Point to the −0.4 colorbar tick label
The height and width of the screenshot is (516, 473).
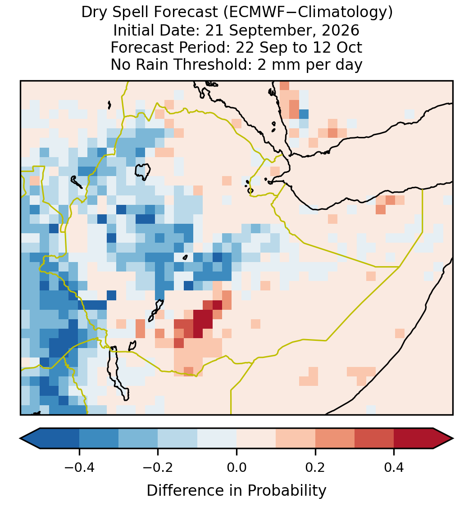(x=79, y=467)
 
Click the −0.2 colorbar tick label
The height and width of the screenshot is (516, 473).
(x=158, y=467)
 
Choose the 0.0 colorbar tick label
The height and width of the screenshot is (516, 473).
(x=236, y=467)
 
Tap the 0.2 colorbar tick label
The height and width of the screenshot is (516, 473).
(x=315, y=467)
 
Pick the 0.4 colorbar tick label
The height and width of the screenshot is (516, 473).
(x=394, y=467)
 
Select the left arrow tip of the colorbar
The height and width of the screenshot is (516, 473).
(x=20, y=439)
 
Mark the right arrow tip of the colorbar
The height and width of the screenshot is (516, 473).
(x=453, y=439)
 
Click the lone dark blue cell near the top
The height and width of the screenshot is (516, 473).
(x=304, y=114)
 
